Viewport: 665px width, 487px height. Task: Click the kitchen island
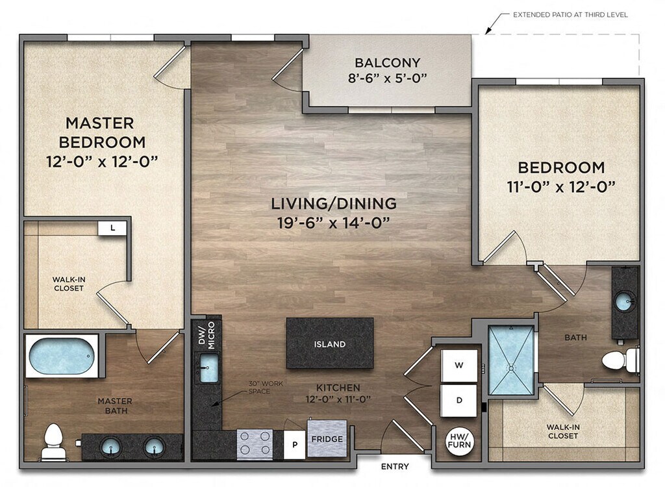pyautogui.click(x=329, y=343)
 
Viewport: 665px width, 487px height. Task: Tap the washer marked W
pyautogui.click(x=459, y=365)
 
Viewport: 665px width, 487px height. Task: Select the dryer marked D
pyautogui.click(x=459, y=400)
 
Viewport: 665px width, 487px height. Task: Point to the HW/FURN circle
pyautogui.click(x=459, y=442)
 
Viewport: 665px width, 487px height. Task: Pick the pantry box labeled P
pyautogui.click(x=294, y=444)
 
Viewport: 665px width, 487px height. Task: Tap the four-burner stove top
pyautogui.click(x=255, y=443)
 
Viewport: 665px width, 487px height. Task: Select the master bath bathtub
pyautogui.click(x=62, y=355)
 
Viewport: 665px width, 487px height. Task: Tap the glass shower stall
pyautogui.click(x=511, y=360)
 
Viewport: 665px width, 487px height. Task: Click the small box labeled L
pyautogui.click(x=112, y=228)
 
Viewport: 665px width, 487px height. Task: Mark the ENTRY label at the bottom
pyautogui.click(x=395, y=467)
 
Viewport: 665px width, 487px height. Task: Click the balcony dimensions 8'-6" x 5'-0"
pyautogui.click(x=387, y=78)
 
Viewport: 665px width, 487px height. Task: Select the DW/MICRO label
pyautogui.click(x=207, y=335)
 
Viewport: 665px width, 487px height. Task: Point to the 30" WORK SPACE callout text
pyautogui.click(x=266, y=387)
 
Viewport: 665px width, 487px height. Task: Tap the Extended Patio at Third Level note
pyautogui.click(x=570, y=14)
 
